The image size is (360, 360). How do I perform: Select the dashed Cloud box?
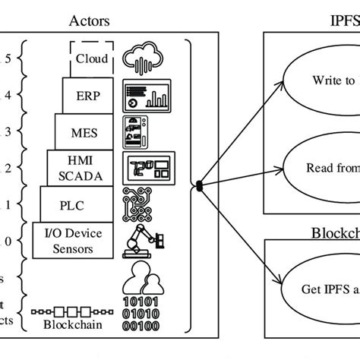pyautogui.click(x=93, y=59)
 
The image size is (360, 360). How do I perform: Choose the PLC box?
pyautogui.click(x=78, y=204)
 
